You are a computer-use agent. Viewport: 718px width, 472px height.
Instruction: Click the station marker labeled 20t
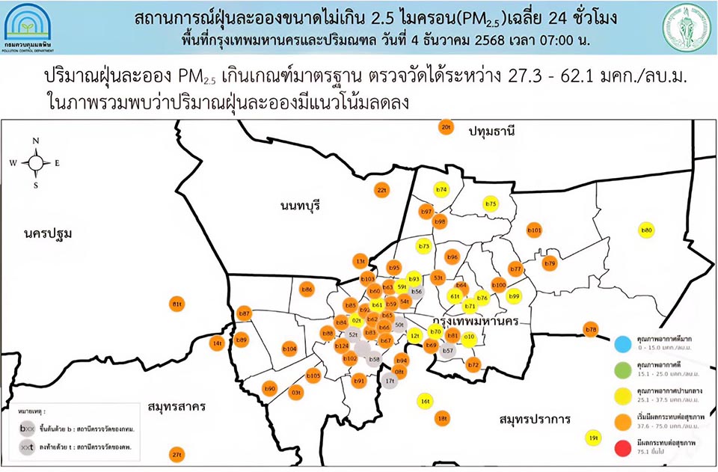(x=446, y=127)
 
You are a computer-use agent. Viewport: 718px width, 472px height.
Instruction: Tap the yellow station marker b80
(x=647, y=230)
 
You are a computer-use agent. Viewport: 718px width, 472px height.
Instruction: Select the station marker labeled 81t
(x=177, y=304)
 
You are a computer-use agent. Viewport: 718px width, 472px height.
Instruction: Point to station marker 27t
(x=177, y=454)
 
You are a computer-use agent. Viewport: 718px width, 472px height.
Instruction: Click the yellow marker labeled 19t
(x=594, y=438)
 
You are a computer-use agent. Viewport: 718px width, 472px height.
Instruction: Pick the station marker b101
(x=534, y=230)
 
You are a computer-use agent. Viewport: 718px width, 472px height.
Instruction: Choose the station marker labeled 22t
(x=381, y=190)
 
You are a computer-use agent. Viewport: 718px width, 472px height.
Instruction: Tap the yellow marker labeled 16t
(x=425, y=401)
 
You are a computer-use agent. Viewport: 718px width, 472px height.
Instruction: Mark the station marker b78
(x=591, y=329)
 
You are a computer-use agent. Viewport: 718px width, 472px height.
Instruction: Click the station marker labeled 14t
(x=218, y=343)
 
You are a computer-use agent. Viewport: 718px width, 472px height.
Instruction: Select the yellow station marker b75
(x=491, y=203)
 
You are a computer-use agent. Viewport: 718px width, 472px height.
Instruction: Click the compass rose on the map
(x=36, y=162)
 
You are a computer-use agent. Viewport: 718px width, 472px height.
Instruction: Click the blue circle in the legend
(x=622, y=344)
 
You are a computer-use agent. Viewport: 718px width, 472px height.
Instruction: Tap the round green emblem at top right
(x=684, y=28)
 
